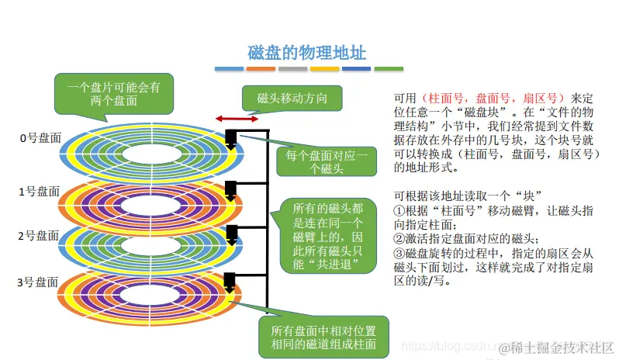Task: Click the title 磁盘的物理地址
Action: pos(306,52)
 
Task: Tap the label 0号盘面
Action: pos(39,139)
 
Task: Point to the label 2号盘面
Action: pos(39,235)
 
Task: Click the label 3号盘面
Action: pos(39,282)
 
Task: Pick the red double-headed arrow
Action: pos(237,119)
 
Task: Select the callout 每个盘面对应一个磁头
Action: pos(326,162)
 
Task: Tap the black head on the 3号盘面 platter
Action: pos(230,281)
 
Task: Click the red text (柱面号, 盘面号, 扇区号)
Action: pos(493,99)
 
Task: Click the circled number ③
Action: pos(399,252)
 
